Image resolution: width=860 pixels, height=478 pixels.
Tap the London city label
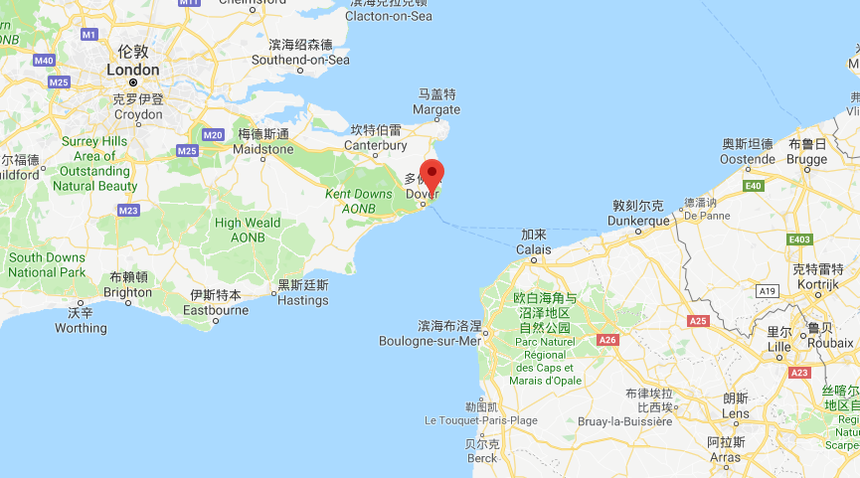click(132, 71)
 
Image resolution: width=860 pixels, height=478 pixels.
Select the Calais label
click(534, 249)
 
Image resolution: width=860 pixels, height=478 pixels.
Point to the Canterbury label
click(376, 145)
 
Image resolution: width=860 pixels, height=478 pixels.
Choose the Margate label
click(436, 109)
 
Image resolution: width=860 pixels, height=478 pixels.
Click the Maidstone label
click(263, 149)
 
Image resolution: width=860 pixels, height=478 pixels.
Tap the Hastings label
click(303, 299)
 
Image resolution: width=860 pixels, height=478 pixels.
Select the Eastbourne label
click(216, 310)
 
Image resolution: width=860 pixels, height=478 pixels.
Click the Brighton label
click(128, 292)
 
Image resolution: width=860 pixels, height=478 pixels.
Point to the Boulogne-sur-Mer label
click(430, 341)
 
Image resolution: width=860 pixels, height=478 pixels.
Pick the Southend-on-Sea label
click(301, 60)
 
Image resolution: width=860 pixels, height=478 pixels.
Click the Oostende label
click(747, 159)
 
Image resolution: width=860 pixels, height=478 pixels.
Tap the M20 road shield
click(212, 134)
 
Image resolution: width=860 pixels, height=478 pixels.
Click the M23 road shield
click(128, 210)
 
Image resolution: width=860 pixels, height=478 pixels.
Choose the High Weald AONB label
click(248, 230)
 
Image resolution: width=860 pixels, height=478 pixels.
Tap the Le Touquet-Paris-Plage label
click(480, 420)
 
